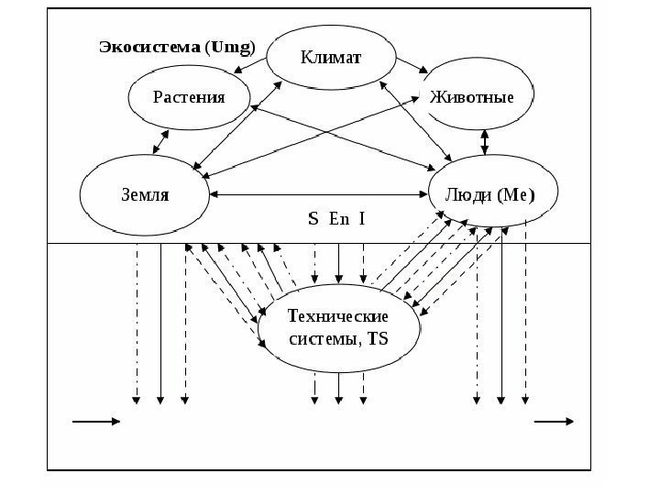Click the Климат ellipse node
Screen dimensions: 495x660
(x=332, y=58)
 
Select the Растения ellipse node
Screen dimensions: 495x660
(x=189, y=97)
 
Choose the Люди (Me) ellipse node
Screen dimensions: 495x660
(x=482, y=195)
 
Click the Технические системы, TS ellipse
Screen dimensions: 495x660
(x=338, y=328)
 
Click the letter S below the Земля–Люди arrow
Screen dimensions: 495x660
(x=313, y=219)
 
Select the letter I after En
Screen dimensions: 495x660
(x=361, y=219)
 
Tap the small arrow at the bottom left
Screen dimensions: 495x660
(x=95, y=422)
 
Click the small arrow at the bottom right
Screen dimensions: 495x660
(x=555, y=422)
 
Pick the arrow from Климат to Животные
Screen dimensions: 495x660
(x=412, y=66)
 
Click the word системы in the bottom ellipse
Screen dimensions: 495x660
(x=317, y=339)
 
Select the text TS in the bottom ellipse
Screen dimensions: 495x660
(x=378, y=339)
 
